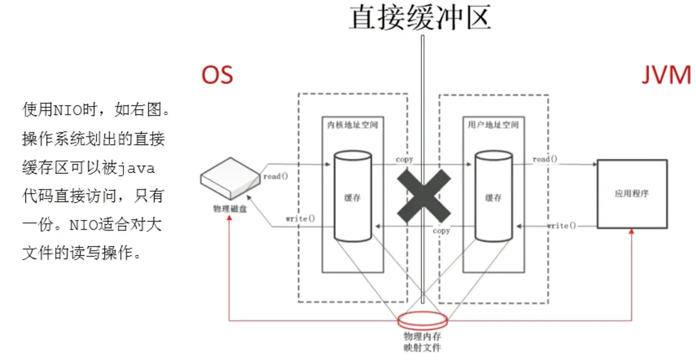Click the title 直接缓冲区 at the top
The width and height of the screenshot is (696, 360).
[419, 17]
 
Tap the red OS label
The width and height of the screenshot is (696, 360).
[217, 75]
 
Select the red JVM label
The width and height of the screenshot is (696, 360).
[666, 75]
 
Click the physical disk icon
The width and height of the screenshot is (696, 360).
[229, 179]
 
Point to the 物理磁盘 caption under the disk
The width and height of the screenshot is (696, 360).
[230, 208]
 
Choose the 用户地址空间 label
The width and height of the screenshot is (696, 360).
[493, 125]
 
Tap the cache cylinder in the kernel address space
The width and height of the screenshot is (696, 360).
[353, 197]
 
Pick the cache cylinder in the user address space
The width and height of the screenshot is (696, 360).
[493, 197]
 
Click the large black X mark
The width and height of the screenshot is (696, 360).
[424, 195]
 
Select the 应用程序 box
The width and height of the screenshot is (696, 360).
[632, 194]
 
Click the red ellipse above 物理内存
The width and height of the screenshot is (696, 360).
[423, 320]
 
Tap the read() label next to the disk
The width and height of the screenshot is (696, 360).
[276, 176]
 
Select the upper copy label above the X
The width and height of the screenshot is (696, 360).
[405, 159]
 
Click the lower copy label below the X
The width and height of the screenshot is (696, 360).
[442, 231]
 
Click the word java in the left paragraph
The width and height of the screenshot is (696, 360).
[136, 169]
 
